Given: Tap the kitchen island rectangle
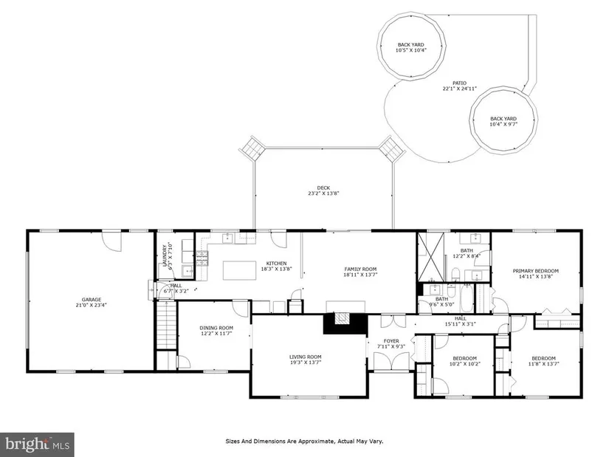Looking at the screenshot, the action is click(239, 270).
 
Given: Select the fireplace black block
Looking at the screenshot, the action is click(345, 323).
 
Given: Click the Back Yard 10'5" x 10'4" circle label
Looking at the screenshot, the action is click(411, 47).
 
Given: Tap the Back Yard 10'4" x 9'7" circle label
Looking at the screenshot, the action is click(503, 122).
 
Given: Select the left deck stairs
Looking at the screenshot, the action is click(252, 148).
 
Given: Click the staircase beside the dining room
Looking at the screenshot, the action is click(167, 326).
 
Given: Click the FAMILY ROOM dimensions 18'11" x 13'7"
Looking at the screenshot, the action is click(360, 275).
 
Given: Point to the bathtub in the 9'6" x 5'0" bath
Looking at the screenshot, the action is click(466, 298).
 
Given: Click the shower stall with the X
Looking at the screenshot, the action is click(431, 256).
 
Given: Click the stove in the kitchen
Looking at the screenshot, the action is click(202, 258).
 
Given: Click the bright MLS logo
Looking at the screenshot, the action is click(37, 444).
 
